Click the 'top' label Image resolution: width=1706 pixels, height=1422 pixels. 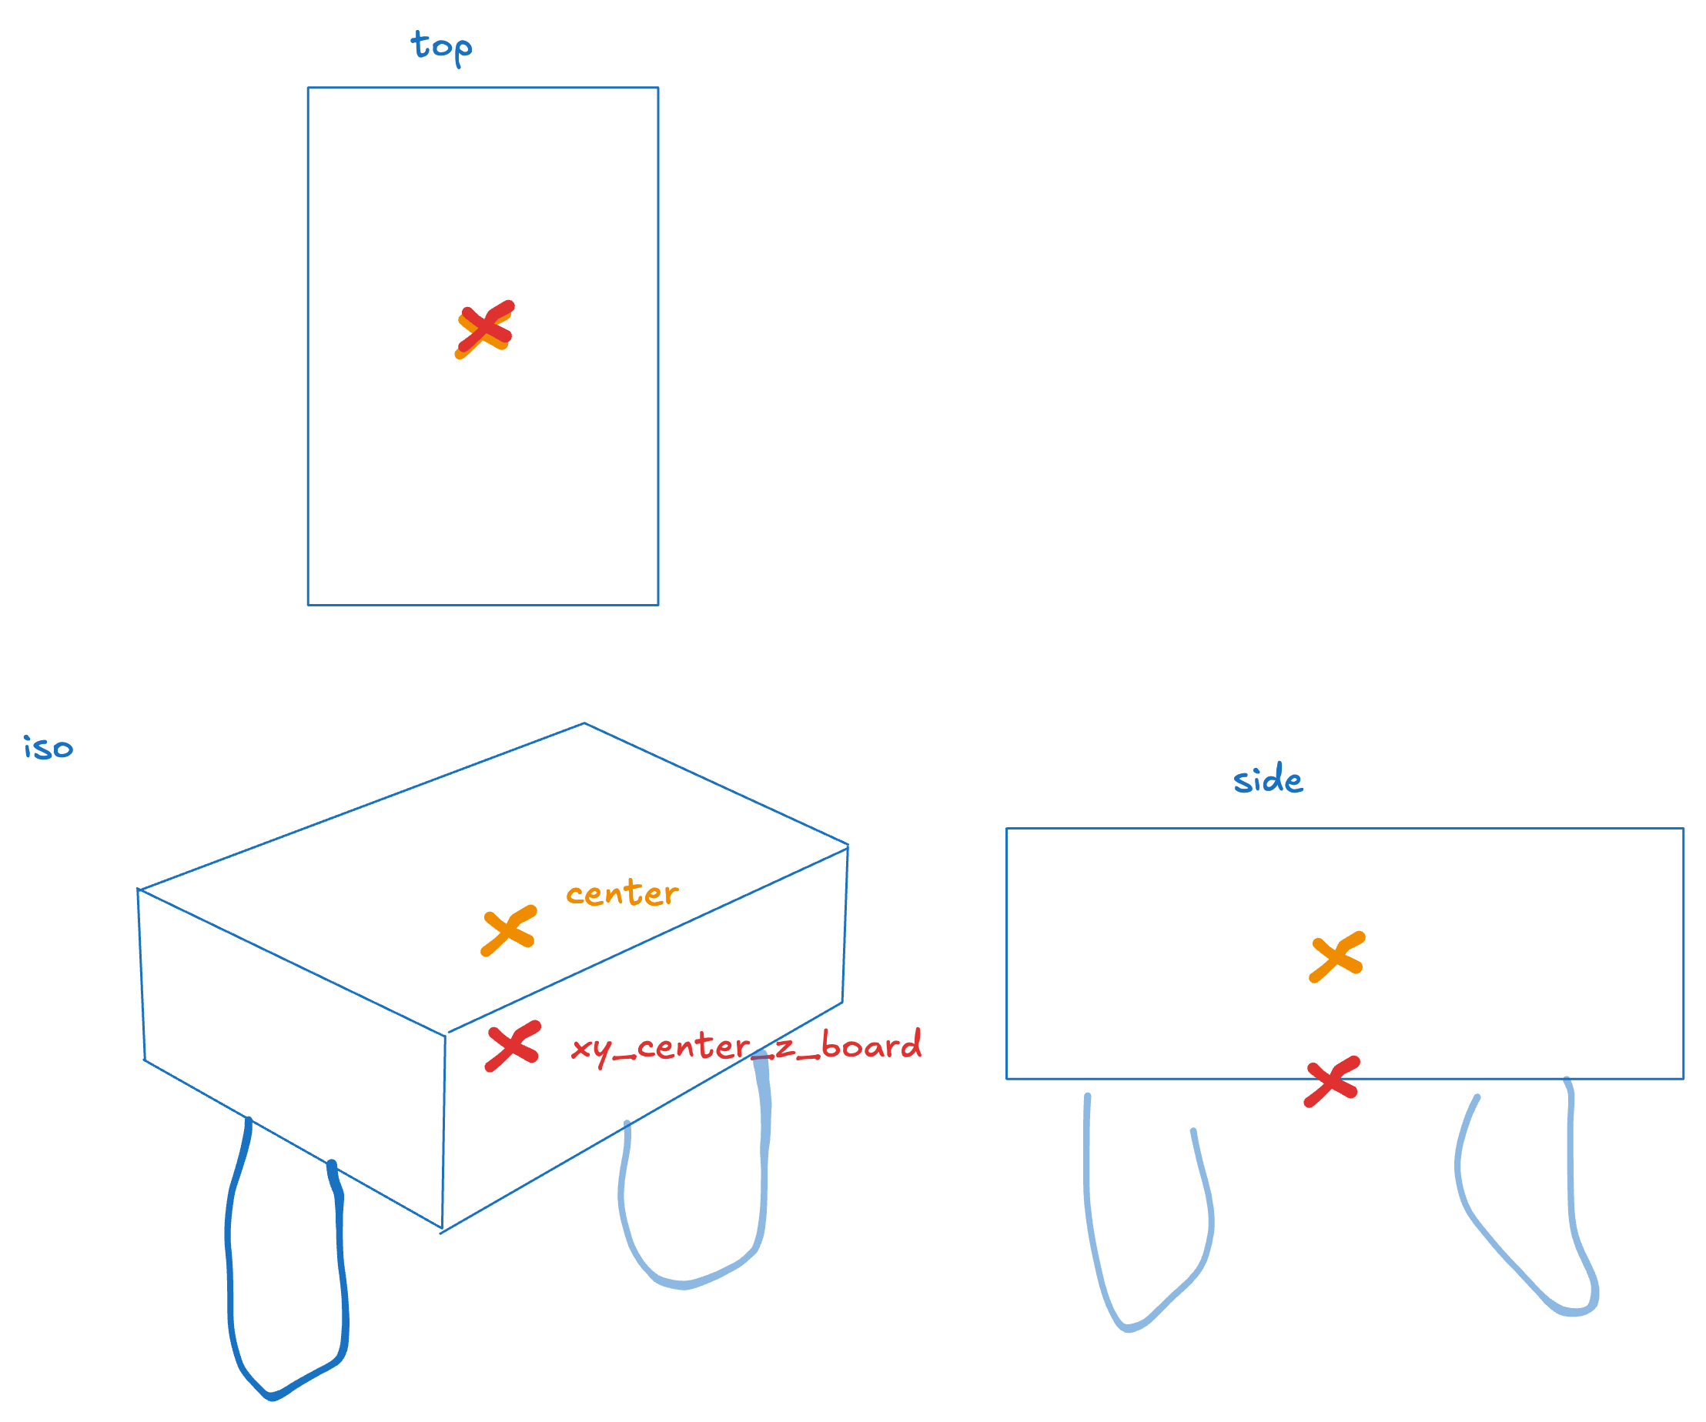[x=441, y=47]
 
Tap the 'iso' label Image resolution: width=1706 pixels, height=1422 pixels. [x=48, y=747]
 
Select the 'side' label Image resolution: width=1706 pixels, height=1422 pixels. [x=1267, y=778]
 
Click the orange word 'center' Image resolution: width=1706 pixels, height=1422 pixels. [x=621, y=893]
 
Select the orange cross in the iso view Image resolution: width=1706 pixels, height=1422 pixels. [x=509, y=930]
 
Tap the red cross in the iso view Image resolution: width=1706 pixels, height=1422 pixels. [x=513, y=1046]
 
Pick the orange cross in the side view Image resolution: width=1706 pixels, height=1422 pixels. [x=1337, y=957]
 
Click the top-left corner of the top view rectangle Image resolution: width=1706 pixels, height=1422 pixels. [x=308, y=88]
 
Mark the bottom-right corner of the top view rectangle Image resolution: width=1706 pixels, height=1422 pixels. [x=658, y=605]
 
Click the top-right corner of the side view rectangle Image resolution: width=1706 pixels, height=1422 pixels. [x=1683, y=829]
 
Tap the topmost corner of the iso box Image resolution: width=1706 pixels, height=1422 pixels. [x=584, y=723]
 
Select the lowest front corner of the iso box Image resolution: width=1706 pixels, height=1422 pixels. [x=441, y=1230]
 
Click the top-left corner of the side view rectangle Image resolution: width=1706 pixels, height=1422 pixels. [x=1006, y=829]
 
